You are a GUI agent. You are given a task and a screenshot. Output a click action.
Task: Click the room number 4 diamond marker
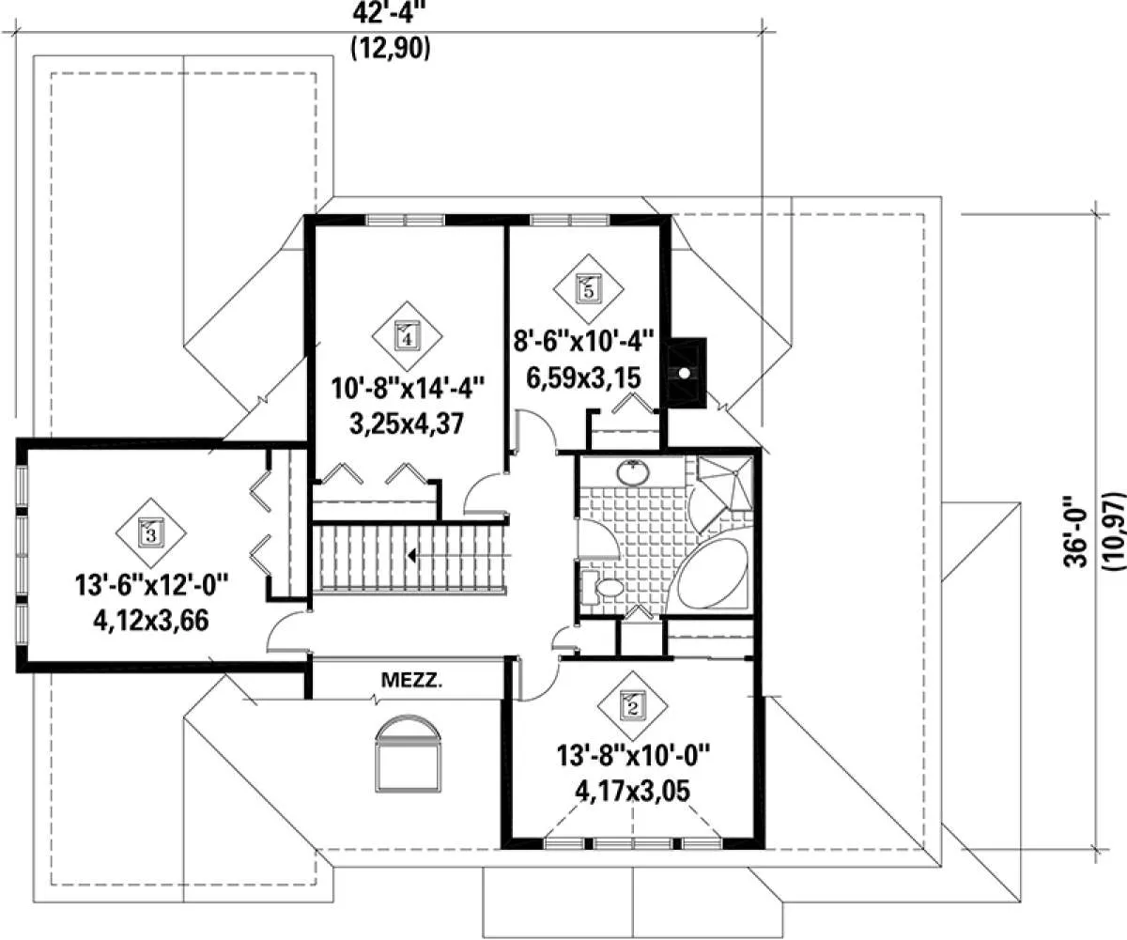pos(407,336)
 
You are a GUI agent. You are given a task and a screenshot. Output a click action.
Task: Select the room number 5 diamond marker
pos(588,289)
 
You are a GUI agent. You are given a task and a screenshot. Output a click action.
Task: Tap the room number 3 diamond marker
pos(151,533)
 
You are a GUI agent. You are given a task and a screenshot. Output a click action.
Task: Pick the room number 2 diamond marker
pos(633,706)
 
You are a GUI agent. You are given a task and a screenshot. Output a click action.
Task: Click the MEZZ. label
pos(412,681)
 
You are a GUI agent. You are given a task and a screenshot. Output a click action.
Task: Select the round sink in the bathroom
pos(634,472)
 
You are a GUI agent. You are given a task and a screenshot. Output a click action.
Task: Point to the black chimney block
pos(687,373)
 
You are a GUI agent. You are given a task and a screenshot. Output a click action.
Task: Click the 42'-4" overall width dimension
pos(391,13)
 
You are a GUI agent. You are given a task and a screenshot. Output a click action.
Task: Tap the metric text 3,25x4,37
pos(407,424)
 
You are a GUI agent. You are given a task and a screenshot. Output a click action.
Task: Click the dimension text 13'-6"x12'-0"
pos(151,585)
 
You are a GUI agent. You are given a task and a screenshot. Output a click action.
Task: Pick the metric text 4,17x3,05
pos(633,792)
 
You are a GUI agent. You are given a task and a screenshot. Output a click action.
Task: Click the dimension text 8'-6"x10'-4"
pos(583,342)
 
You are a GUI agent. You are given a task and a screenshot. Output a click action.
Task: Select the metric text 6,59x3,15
pos(583,378)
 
